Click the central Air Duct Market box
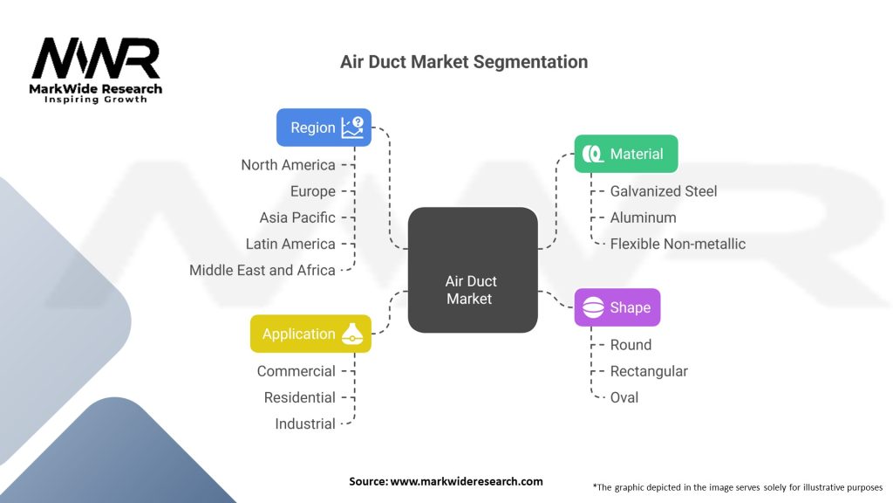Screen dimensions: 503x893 [472, 269]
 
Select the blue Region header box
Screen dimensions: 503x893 [324, 127]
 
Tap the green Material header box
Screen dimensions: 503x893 [625, 154]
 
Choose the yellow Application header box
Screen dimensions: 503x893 [310, 334]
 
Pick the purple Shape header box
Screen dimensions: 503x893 [617, 307]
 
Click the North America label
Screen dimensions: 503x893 [288, 165]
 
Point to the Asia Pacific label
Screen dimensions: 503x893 [297, 217]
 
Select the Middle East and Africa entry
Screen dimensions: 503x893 [262, 270]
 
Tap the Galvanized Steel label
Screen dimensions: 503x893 [664, 191]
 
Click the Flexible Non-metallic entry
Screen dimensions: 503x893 [678, 244]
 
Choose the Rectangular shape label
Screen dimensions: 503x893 [649, 371]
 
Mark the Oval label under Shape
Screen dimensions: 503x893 [624, 397]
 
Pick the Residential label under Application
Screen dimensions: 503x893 [299, 397]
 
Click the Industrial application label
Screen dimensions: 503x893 [304, 424]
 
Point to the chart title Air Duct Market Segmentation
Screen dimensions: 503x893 [463, 62]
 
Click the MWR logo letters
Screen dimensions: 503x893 [96, 59]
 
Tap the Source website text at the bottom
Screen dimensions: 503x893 [446, 481]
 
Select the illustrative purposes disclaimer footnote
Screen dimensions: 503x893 [737, 486]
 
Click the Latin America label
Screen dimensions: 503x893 [290, 244]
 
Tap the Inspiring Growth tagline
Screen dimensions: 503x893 [96, 100]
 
